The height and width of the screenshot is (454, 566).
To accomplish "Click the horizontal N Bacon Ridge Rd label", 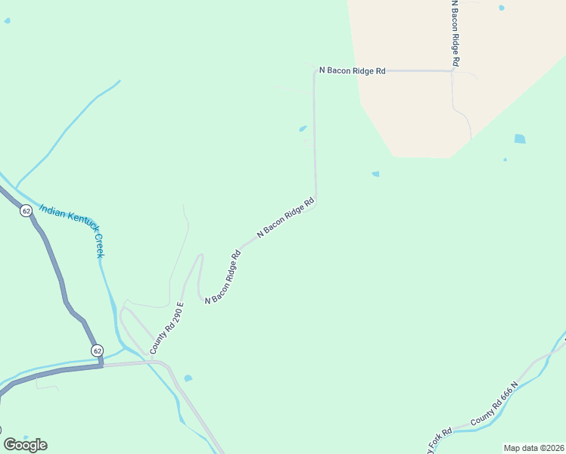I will click(352, 70).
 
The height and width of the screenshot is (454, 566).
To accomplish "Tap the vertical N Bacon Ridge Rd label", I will click(455, 34).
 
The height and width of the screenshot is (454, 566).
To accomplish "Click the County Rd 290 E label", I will click(166, 328).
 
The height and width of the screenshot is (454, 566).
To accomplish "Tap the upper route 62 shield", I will click(26, 211).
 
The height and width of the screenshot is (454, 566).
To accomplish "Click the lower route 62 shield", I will click(97, 350).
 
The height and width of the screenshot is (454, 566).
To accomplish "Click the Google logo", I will click(25, 445).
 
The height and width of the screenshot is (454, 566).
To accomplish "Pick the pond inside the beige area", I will click(501, 8).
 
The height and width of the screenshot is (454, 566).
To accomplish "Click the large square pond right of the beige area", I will click(519, 138).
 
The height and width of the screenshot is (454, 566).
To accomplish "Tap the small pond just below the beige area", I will click(375, 174).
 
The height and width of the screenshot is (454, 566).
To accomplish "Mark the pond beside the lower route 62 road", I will click(188, 378).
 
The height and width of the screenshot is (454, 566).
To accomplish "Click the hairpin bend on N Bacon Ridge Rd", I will click(201, 257).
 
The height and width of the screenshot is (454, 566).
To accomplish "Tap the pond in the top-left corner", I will click(7, 20).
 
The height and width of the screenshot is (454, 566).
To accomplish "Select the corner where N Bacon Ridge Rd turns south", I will click(315, 71).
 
